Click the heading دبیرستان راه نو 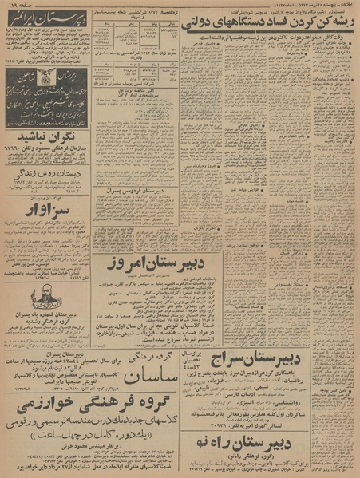click(303, 417)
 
